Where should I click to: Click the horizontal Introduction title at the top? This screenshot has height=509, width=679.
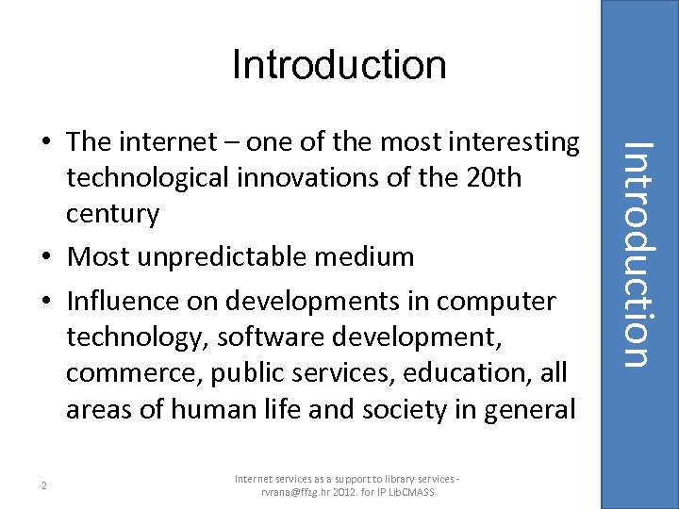click(x=339, y=65)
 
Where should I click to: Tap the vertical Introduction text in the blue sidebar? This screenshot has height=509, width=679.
click(x=638, y=253)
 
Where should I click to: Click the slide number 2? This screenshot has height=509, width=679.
click(x=44, y=485)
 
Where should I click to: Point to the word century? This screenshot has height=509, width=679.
click(x=112, y=214)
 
